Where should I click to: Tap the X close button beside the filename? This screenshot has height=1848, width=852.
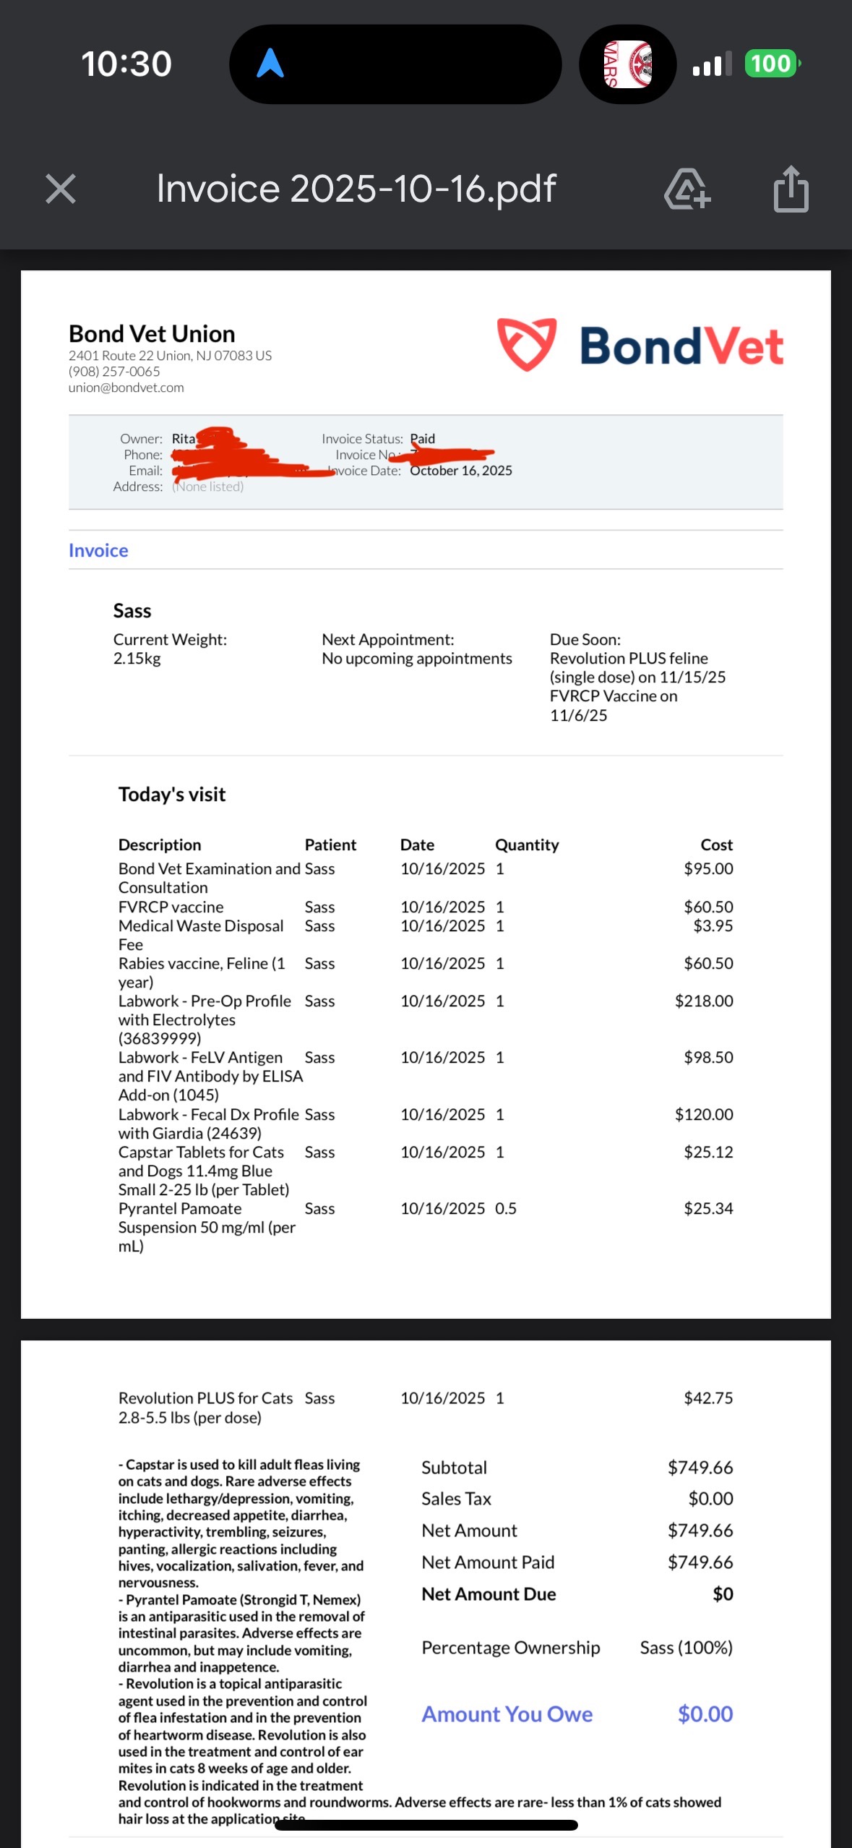pos(61,189)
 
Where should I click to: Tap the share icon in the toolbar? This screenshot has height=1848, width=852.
pos(791,189)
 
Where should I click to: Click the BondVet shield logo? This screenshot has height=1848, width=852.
pos(527,344)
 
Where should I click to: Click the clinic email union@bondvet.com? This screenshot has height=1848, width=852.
pos(126,388)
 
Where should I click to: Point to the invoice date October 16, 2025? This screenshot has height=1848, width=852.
pos(461,471)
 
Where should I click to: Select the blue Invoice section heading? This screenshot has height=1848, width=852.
pos(98,551)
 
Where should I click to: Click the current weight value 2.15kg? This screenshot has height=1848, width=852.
pos(137,659)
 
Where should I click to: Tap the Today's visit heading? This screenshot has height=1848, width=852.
pos(172,795)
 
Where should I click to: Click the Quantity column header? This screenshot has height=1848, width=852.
pos(527,844)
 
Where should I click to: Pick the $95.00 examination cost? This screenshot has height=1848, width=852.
pos(708,868)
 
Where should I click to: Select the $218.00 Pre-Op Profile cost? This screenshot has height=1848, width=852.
pos(704,1001)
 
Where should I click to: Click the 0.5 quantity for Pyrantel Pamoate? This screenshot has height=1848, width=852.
pos(506,1208)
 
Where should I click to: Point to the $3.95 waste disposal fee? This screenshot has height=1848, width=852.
pos(713,925)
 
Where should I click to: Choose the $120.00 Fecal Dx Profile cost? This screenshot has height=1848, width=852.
pos(704,1114)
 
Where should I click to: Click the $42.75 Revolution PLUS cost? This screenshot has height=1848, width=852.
pos(708,1398)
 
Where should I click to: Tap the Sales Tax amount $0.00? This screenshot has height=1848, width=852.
pos(710,1499)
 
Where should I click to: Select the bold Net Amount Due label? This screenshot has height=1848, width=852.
pos(489,1594)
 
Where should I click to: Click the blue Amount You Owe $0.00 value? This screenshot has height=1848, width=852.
pos(705,1714)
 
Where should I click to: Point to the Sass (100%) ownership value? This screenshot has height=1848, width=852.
pos(686,1648)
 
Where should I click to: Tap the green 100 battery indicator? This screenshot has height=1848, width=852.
pos(771,64)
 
